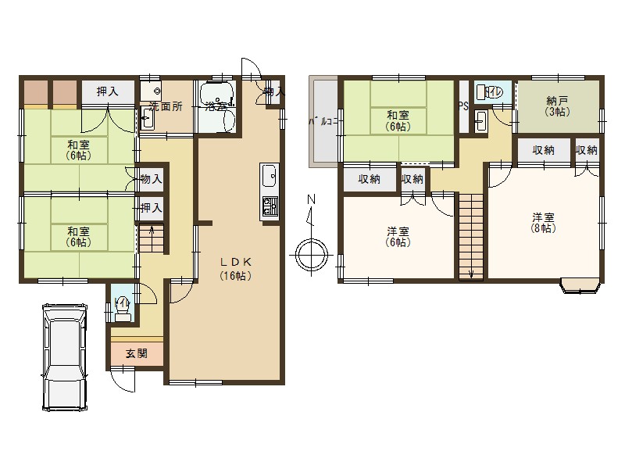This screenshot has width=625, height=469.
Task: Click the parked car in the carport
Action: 65,356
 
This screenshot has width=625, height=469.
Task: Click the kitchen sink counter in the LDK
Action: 268,192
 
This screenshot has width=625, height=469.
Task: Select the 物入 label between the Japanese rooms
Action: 151,180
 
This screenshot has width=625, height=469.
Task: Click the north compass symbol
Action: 310,254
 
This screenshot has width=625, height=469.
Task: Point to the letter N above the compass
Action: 310,200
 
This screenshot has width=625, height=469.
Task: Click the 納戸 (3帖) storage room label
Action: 556,106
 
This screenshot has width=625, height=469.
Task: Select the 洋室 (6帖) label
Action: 398,237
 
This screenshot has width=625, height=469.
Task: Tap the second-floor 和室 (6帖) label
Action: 397,120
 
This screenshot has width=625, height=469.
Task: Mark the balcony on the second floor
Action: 323,121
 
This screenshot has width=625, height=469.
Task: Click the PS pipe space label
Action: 463,107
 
